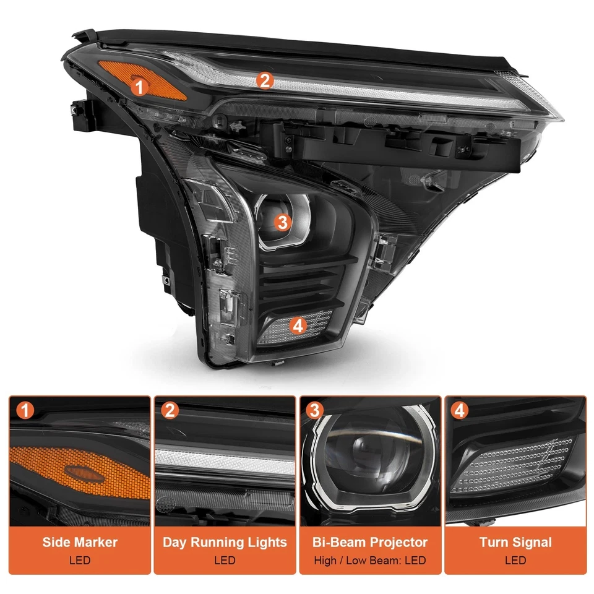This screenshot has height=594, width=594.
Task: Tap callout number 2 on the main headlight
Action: (x=265, y=80)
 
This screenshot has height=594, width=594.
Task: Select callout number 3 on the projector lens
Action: (x=282, y=223)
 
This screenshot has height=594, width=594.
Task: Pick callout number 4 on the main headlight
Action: (x=298, y=325)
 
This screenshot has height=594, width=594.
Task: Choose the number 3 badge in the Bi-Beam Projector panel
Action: (x=314, y=410)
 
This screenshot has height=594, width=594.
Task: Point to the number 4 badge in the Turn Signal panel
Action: (x=458, y=410)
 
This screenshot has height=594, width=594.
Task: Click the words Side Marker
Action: (x=80, y=543)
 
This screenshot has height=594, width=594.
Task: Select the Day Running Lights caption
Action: (x=225, y=543)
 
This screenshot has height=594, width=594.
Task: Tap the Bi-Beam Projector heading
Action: (x=370, y=543)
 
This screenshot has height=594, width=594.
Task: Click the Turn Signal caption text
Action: (x=515, y=543)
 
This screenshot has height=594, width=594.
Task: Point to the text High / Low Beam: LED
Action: (x=370, y=561)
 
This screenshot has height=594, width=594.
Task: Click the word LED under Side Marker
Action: (x=80, y=561)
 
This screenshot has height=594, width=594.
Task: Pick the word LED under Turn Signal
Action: (x=515, y=561)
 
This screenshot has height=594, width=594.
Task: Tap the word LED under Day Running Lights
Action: (x=225, y=561)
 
